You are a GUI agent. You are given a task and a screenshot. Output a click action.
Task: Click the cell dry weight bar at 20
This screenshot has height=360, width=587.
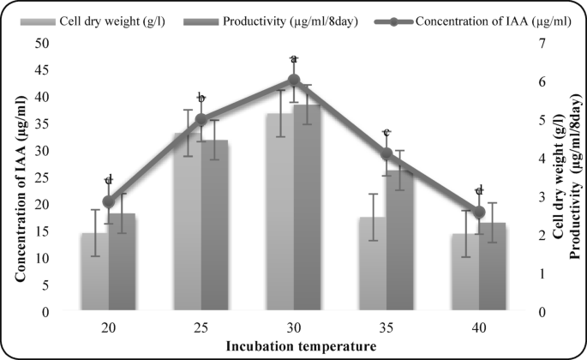95,273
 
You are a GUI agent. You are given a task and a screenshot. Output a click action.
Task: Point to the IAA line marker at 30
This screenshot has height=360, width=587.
294,80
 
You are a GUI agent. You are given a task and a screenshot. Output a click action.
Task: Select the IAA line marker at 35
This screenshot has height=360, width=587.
386,154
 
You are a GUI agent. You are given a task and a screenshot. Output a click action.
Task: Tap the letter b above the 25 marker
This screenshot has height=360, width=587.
201,98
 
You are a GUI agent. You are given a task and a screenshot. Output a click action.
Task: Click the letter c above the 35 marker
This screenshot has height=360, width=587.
386,133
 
